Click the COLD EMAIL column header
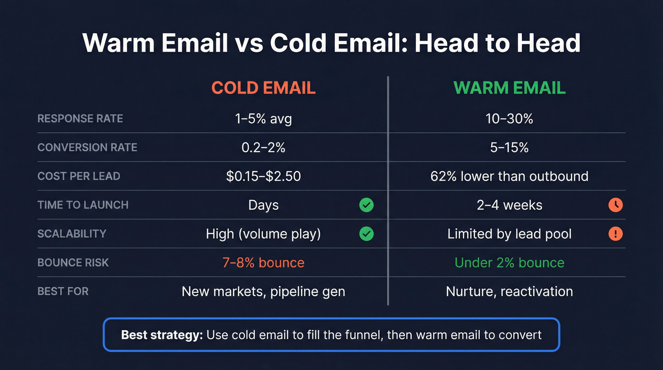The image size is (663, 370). click(x=263, y=88)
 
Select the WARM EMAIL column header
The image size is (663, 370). click(x=510, y=88)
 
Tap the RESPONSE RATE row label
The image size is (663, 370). click(x=80, y=118)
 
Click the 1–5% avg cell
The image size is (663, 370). click(x=263, y=118)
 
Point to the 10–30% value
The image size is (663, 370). click(x=510, y=118)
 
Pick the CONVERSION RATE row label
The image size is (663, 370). click(x=87, y=147)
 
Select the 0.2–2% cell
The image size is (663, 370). click(x=263, y=147)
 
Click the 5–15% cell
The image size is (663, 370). click(x=510, y=147)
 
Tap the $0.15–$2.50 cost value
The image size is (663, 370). click(x=263, y=176)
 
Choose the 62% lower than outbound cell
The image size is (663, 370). click(x=510, y=176)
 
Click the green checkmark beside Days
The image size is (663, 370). click(x=366, y=205)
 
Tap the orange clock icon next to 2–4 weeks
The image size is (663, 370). click(x=615, y=205)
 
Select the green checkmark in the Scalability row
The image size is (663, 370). click(x=366, y=234)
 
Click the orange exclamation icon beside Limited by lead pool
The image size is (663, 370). click(x=615, y=234)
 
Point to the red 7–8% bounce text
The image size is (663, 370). click(x=263, y=262)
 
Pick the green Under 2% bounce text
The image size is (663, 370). click(x=510, y=262)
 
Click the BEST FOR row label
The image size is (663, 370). click(x=63, y=291)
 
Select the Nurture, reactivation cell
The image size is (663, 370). click(x=510, y=291)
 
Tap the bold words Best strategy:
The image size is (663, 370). click(x=162, y=335)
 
